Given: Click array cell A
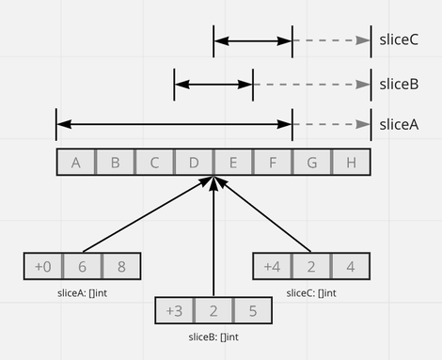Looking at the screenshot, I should [75, 163].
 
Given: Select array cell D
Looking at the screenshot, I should [194, 163].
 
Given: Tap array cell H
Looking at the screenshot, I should [351, 163].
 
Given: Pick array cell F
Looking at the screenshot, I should [272, 163].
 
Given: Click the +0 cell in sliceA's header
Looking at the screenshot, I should [43, 266].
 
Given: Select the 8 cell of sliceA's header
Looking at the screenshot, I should [121, 266].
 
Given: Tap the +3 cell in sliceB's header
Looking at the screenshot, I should [175, 311].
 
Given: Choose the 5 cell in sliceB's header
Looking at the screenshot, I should [253, 311].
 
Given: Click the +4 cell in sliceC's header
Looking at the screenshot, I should [272, 266].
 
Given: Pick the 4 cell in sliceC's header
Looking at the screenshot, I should [351, 266].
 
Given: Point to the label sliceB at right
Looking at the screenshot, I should [398, 84].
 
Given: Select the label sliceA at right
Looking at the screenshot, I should [398, 123].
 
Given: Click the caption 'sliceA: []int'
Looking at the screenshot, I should [82, 292].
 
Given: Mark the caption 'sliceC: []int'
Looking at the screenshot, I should [310, 292].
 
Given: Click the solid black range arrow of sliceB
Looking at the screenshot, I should [213, 84].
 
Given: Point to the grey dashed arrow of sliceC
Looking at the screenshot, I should [331, 40].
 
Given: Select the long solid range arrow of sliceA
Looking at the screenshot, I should [174, 123].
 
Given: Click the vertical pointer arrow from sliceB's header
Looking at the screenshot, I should [214, 244].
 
